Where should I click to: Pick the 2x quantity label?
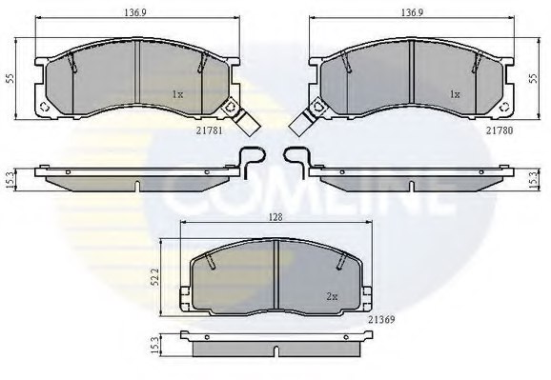tap(332, 296)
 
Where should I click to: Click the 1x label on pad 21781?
tap(176, 94)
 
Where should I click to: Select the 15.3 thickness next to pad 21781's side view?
tap(10, 177)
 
